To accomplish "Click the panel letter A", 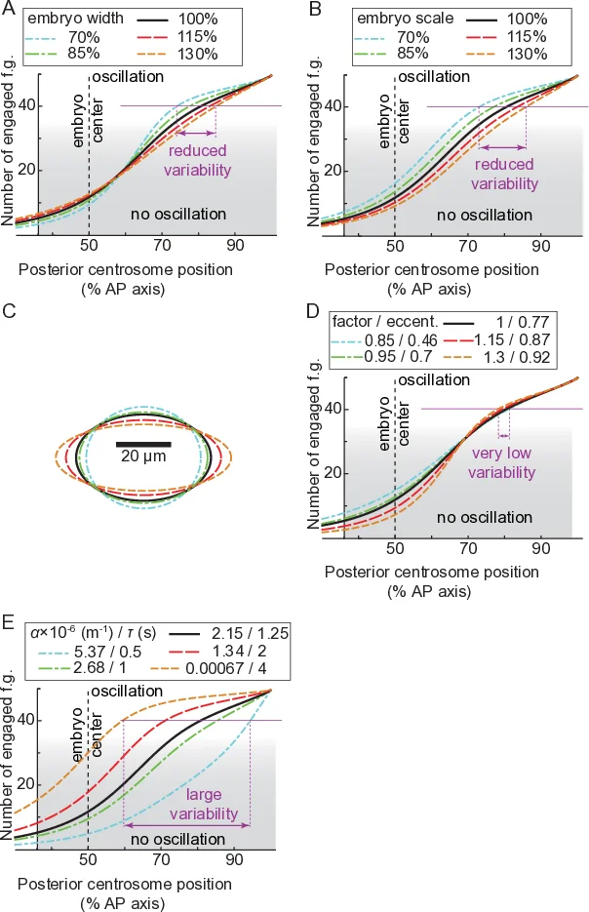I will point(10,9).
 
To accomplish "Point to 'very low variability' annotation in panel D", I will point(502,463).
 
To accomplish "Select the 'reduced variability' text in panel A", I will point(199,161).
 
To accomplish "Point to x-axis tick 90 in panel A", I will point(235,247).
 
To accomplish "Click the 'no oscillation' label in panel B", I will point(482,215).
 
